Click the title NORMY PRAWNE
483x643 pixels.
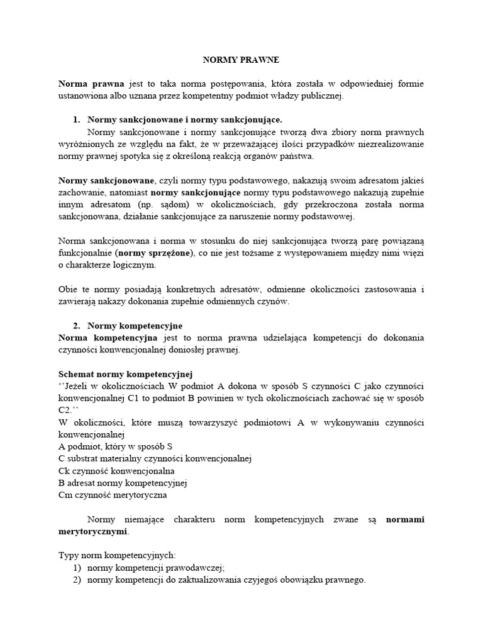pyautogui.click(x=240, y=60)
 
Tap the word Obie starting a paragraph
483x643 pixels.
pyautogui.click(x=69, y=289)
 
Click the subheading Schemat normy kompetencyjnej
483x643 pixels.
pyautogui.click(x=125, y=374)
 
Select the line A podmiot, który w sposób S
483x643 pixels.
pyautogui.click(x=115, y=446)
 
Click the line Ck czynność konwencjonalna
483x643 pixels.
pyautogui.click(x=116, y=470)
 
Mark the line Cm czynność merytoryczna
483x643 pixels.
pyautogui.click(x=113, y=495)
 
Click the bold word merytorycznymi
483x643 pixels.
pyautogui.click(x=92, y=531)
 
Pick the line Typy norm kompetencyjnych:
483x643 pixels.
pyautogui.click(x=117, y=556)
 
